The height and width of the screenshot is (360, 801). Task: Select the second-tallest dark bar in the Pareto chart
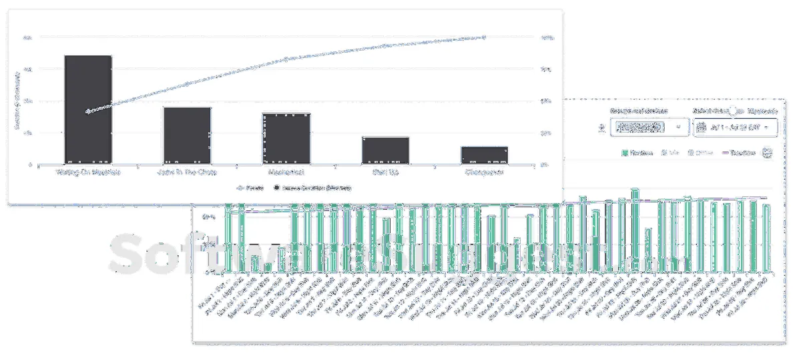187,135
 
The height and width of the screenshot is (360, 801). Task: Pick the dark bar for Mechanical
286,138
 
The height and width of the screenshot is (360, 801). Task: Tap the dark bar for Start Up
385,150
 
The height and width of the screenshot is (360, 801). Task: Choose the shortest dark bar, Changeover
484,155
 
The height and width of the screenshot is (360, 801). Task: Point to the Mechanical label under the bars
286,172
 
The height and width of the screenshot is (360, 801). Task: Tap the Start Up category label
385,172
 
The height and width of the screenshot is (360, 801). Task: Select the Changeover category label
484,172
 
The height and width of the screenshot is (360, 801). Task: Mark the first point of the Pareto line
87,111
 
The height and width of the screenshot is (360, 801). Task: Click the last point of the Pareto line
485,37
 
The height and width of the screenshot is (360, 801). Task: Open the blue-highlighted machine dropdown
649,126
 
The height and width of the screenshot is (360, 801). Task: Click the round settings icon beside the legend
767,153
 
